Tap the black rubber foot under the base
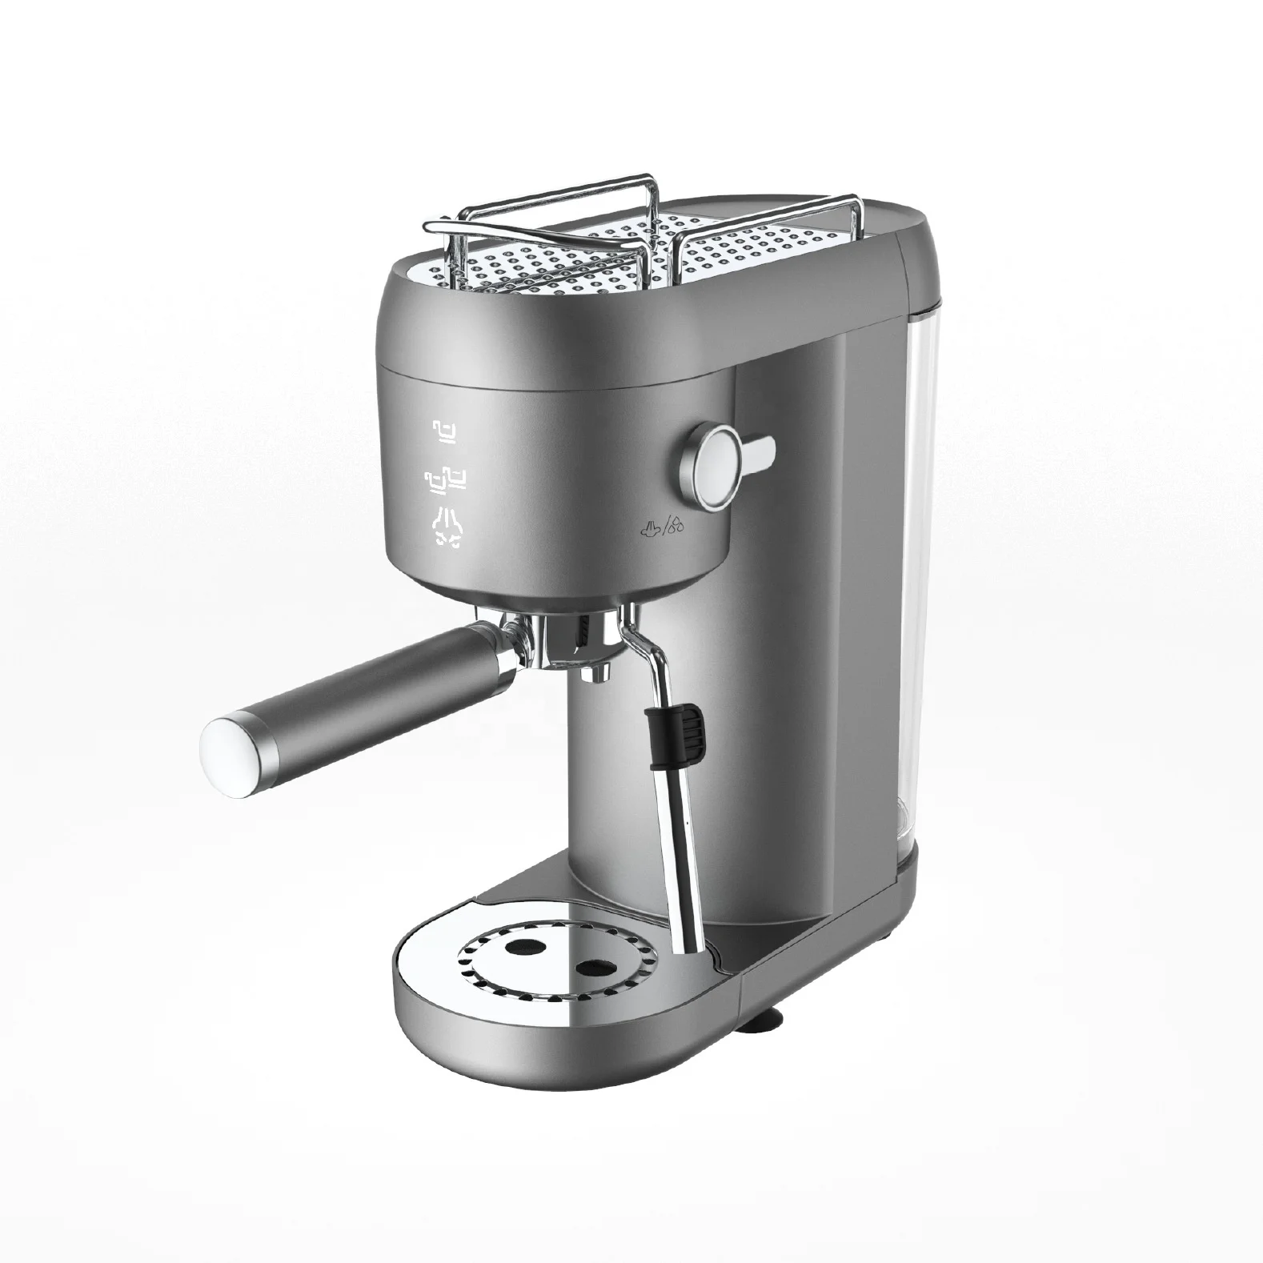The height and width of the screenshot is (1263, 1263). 769,1019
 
